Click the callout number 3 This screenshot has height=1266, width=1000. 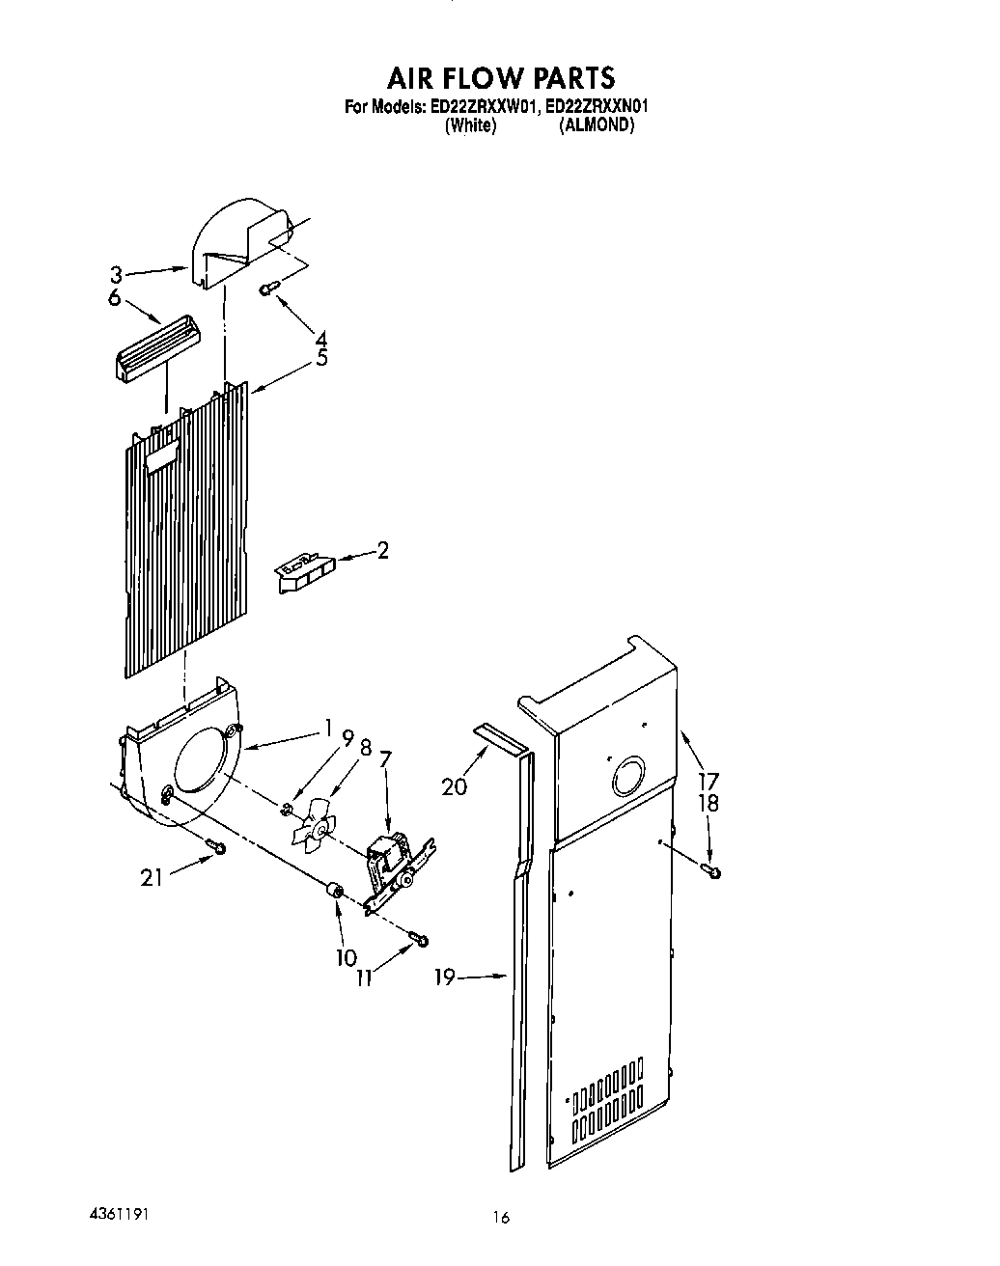point(116,275)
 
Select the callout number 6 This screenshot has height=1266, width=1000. point(116,298)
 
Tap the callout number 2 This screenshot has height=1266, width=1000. point(383,551)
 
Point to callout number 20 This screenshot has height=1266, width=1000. point(454,786)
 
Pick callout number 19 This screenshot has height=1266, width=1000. point(445,977)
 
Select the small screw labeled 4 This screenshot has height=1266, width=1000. point(269,286)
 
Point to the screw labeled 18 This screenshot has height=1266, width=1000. point(712,872)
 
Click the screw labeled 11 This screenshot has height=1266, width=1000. point(417,937)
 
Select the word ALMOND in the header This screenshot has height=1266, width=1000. point(597,124)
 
